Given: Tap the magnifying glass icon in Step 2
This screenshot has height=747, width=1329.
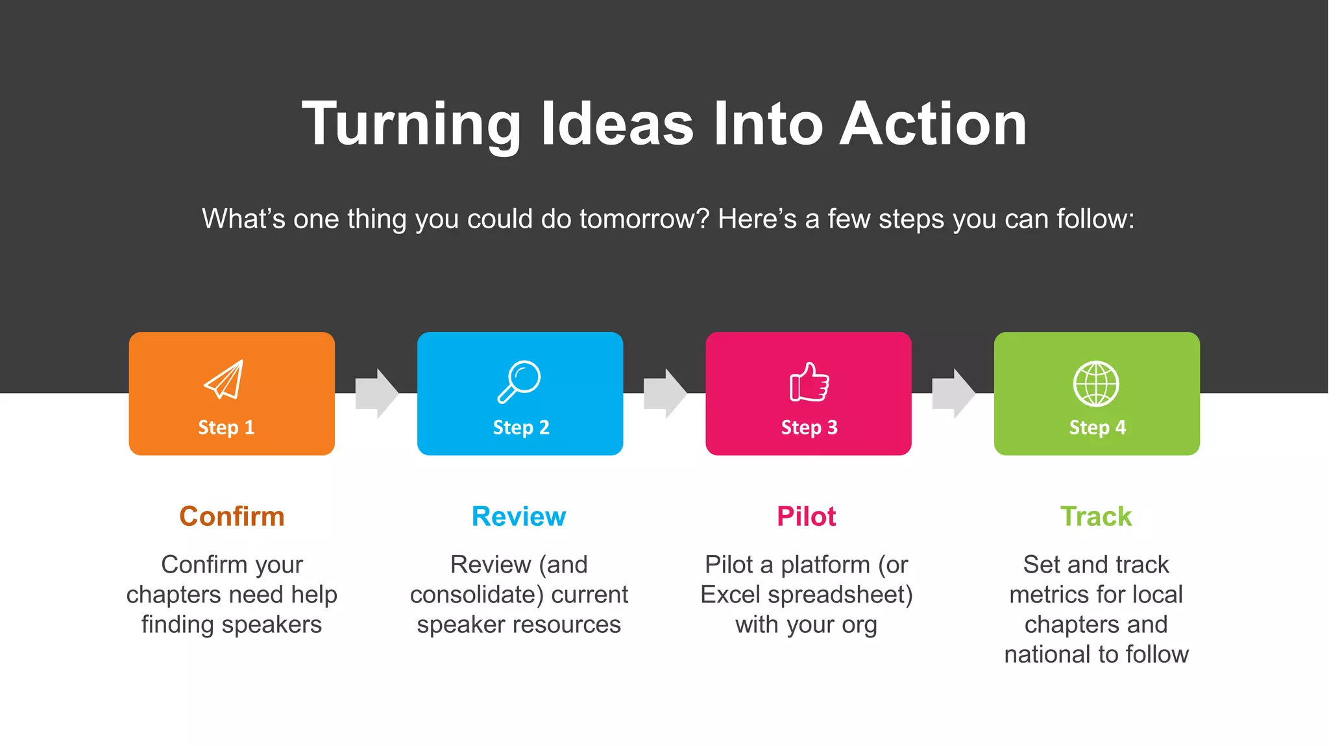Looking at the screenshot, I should click(519, 381).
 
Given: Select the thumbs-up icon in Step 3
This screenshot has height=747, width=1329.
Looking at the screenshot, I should click(809, 382).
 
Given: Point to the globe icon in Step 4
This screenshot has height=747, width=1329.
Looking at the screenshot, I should click(1096, 383).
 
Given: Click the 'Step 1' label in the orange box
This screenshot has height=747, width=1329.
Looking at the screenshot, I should click(226, 427).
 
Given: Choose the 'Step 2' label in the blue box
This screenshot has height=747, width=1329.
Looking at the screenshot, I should click(520, 427).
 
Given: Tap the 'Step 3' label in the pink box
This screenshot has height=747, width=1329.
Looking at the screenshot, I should click(809, 427).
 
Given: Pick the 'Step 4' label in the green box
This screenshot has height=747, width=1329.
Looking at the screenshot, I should click(1097, 427).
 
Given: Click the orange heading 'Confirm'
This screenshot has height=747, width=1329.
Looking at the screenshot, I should click(232, 517).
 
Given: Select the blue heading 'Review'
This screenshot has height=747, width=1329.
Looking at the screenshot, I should click(518, 517).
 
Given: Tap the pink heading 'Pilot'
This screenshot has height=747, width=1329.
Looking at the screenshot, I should click(806, 517).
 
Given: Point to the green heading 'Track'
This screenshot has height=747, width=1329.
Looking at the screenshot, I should click(1095, 517).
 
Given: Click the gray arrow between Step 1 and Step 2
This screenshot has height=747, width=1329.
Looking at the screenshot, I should click(376, 394).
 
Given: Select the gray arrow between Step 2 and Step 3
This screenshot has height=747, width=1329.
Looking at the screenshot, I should click(664, 394).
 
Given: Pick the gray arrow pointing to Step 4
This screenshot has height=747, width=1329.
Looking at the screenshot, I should click(953, 394).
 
